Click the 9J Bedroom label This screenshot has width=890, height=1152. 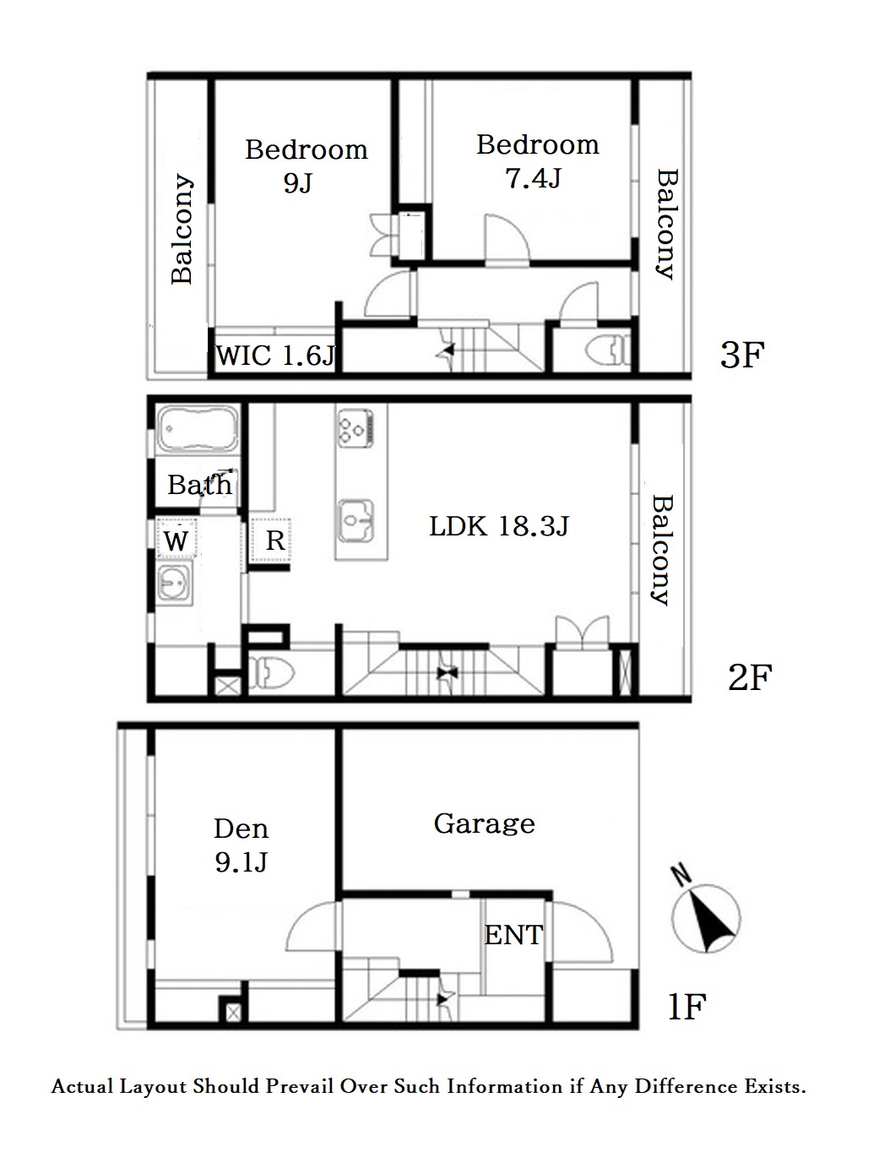(306, 166)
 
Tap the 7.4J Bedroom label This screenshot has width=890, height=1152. (538, 160)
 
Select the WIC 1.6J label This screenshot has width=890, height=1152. (275, 355)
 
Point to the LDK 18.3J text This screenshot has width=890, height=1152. (499, 526)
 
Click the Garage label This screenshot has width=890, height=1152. (484, 824)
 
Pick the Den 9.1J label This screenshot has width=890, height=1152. (241, 845)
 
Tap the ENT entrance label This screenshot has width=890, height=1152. (513, 935)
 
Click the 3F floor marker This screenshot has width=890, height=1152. (741, 356)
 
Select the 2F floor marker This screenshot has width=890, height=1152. (750, 677)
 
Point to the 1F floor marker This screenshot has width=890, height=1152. (687, 1007)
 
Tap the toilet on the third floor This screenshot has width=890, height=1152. (609, 350)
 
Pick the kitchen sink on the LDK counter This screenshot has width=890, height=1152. (356, 520)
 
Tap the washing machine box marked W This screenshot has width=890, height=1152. (176, 539)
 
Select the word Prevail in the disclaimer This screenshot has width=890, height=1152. (300, 1087)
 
